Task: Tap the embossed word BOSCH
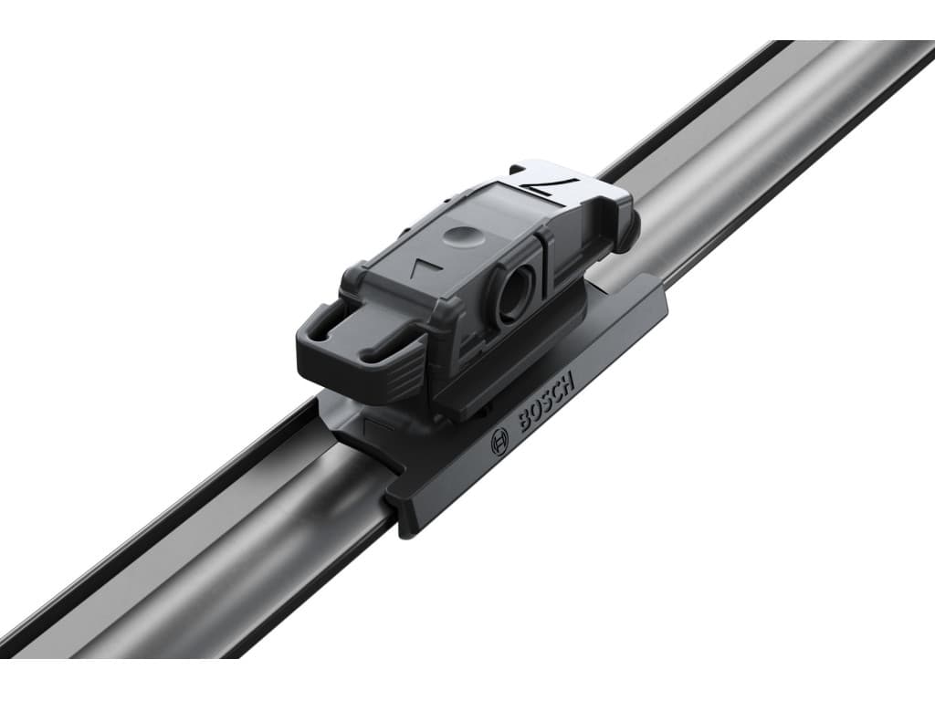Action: coord(546,402)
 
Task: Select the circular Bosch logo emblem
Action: coord(499,445)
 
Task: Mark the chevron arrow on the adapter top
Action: coord(425,267)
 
